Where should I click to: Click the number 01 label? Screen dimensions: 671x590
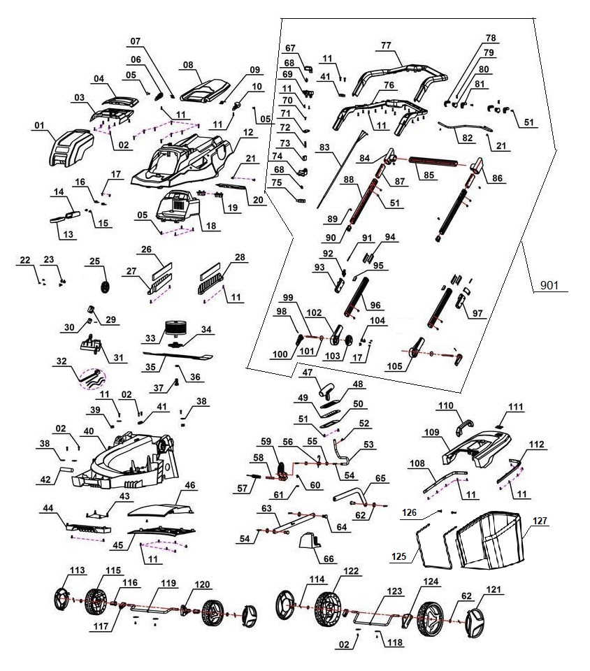tap(39, 127)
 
